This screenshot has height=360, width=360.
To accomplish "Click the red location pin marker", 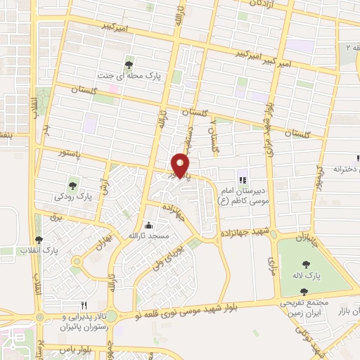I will pos(181,165).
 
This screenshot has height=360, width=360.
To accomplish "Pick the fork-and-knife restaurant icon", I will pos(84,305).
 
